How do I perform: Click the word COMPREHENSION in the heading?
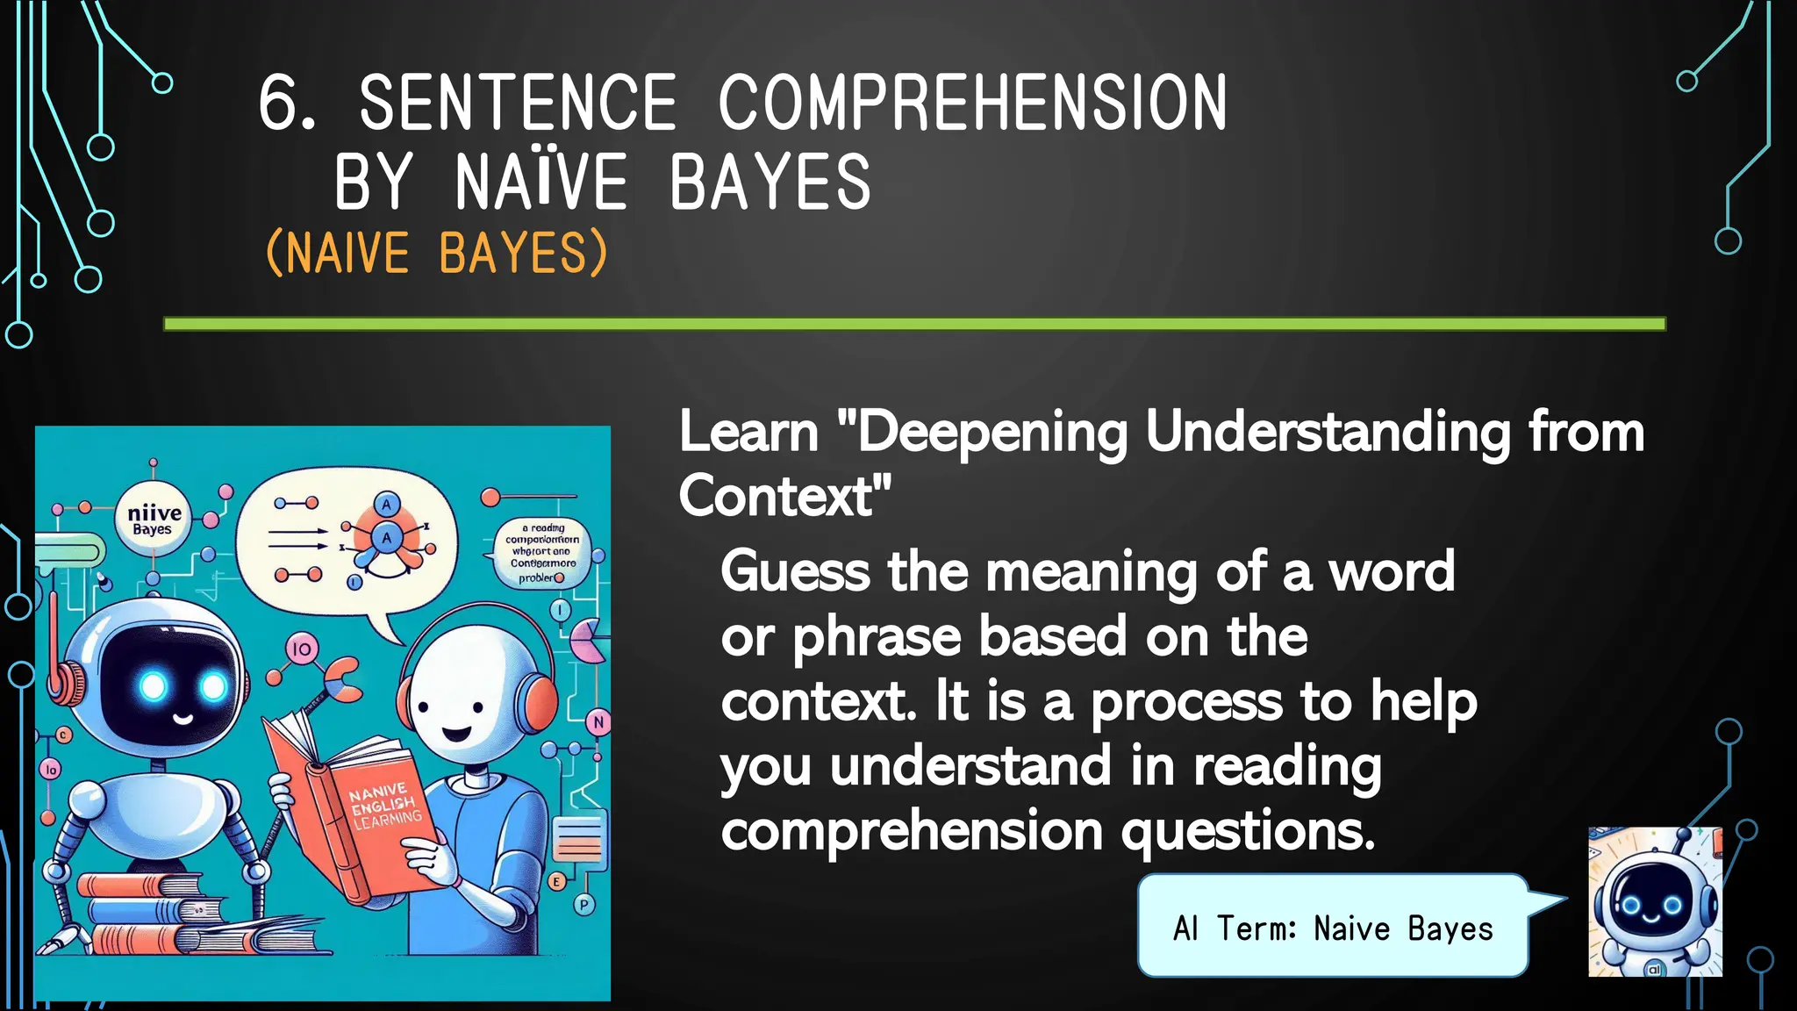[972, 104]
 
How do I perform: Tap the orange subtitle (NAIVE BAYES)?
[436, 253]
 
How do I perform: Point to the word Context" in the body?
[784, 496]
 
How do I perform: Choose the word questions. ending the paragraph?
[1248, 830]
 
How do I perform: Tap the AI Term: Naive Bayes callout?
[1332, 927]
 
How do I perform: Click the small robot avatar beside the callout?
[1654, 901]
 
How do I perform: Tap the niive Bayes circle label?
[154, 519]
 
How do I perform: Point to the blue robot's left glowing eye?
[154, 685]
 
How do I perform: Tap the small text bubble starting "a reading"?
[542, 552]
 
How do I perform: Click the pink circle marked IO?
[301, 649]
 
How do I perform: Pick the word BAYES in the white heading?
[770, 182]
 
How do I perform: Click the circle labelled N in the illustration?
[598, 722]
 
